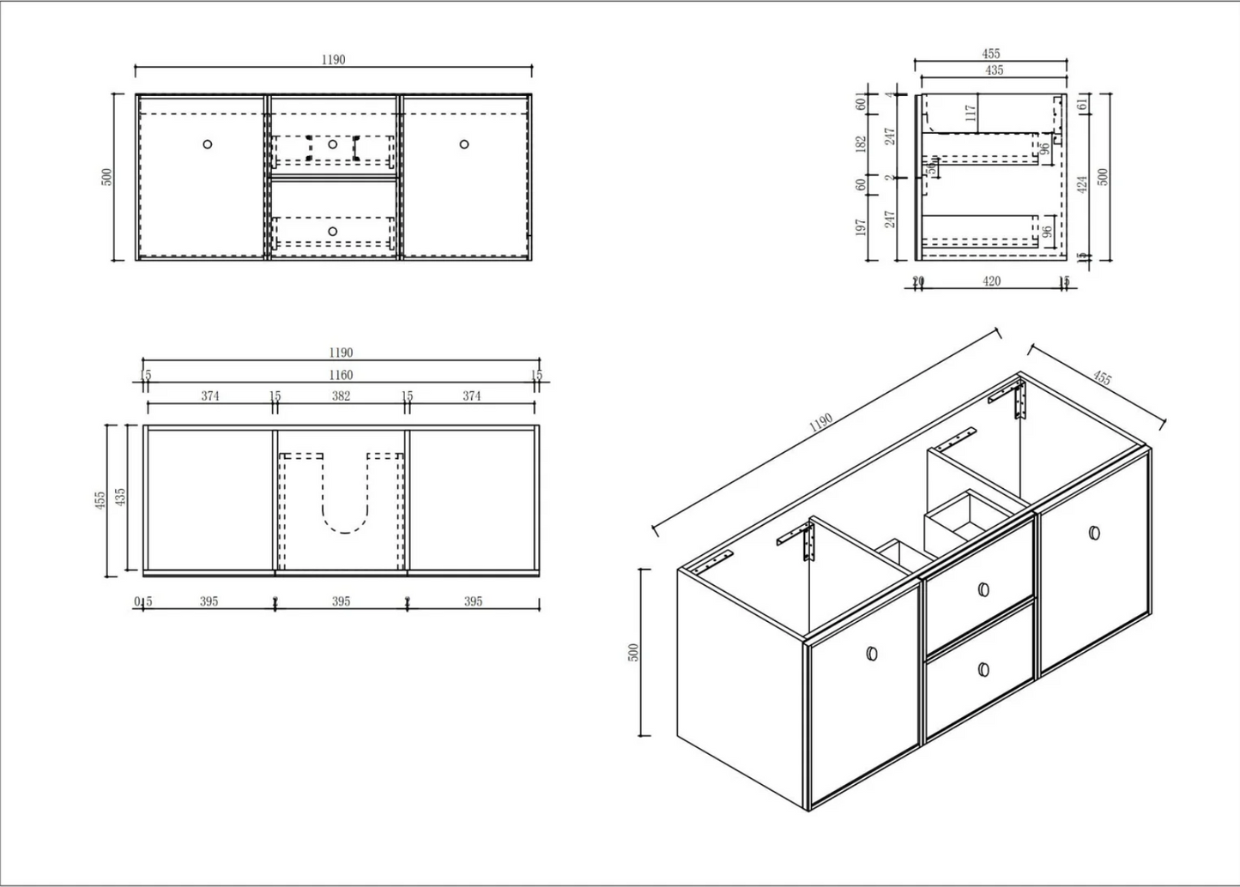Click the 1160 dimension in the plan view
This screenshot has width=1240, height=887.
pyautogui.click(x=341, y=375)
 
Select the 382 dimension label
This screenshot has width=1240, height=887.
pyautogui.click(x=341, y=396)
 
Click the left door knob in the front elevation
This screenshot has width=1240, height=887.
pyautogui.click(x=207, y=144)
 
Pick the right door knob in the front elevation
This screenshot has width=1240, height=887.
pyautogui.click(x=464, y=144)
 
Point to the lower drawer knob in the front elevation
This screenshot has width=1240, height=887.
pyautogui.click(x=333, y=231)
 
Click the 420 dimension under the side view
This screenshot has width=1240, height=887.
pyautogui.click(x=991, y=281)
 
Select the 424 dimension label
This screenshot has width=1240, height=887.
pyautogui.click(x=1083, y=184)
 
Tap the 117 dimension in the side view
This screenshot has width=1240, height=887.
pyautogui.click(x=971, y=112)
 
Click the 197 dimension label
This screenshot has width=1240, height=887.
pyautogui.click(x=862, y=226)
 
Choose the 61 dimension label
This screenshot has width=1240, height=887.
pyautogui.click(x=1083, y=105)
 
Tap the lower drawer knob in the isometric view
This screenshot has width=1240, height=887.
pyautogui.click(x=983, y=669)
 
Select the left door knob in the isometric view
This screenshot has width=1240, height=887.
pyautogui.click(x=873, y=654)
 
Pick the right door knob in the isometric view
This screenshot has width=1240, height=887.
pyautogui.click(x=1094, y=533)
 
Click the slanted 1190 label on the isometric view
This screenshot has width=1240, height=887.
pyautogui.click(x=821, y=422)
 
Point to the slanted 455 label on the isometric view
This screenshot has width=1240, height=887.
pyautogui.click(x=1102, y=377)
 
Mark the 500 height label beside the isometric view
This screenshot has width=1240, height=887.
pyautogui.click(x=634, y=652)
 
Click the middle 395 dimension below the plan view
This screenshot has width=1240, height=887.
pyautogui.click(x=341, y=601)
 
